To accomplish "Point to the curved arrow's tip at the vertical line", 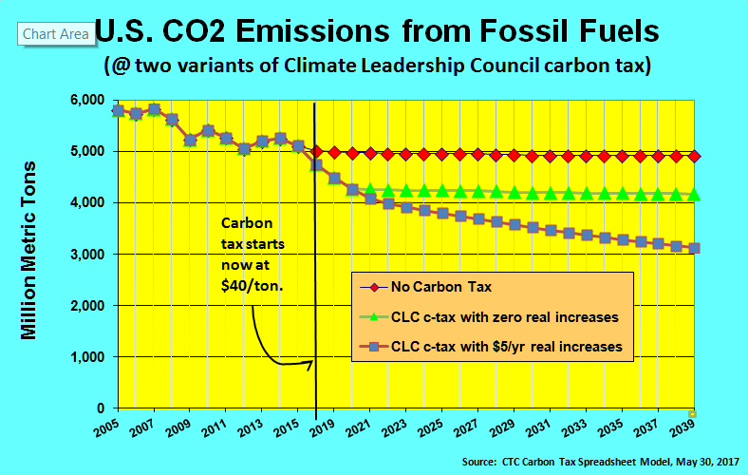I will (313, 361).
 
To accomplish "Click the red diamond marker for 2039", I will (694, 156).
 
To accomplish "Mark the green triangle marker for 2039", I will (694, 195).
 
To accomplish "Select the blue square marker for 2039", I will (694, 248).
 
